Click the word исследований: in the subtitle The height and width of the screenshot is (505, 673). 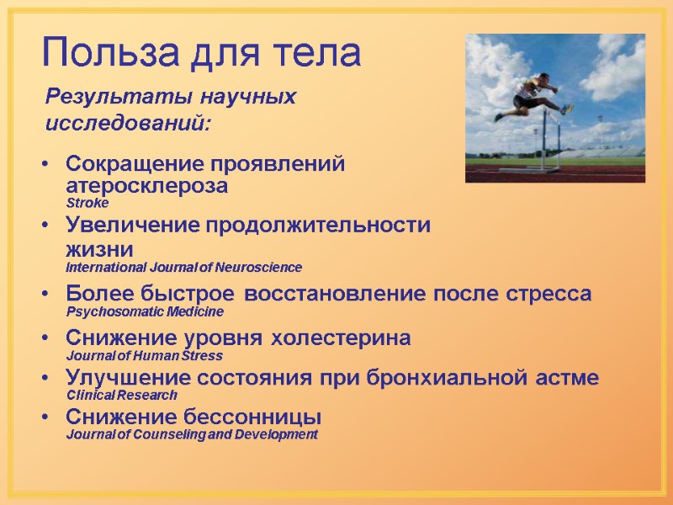[x=128, y=124]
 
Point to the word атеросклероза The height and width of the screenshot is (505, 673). [x=146, y=185]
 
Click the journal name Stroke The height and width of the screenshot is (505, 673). [x=87, y=204]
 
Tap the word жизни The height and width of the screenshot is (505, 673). [x=99, y=249]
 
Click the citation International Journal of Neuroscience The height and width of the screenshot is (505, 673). [x=183, y=268]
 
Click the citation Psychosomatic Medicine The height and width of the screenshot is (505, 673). [x=145, y=311]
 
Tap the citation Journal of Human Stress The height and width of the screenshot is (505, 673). [x=144, y=356]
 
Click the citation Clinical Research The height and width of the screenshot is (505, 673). [x=122, y=395]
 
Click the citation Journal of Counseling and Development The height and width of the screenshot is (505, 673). [x=192, y=434]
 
